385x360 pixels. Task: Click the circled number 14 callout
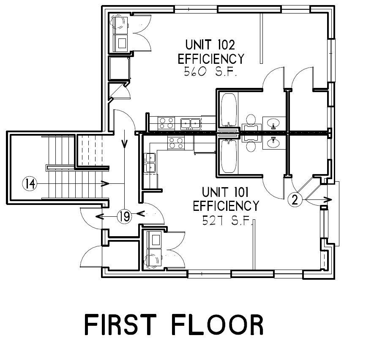(30, 184)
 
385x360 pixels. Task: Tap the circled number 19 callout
(125, 216)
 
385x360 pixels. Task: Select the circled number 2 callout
(295, 199)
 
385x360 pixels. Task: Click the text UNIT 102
(210, 45)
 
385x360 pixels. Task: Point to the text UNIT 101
(225, 192)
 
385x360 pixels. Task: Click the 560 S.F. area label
(210, 72)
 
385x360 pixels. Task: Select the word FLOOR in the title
(218, 325)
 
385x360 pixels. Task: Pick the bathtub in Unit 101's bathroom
(229, 155)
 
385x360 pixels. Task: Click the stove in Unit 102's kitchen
(166, 123)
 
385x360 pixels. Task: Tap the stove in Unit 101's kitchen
(176, 143)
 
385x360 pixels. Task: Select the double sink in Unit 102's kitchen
(191, 124)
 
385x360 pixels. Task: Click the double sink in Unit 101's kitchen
(150, 163)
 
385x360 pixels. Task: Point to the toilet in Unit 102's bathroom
(251, 124)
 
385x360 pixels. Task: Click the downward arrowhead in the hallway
(125, 144)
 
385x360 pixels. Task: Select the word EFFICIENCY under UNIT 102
(211, 58)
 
